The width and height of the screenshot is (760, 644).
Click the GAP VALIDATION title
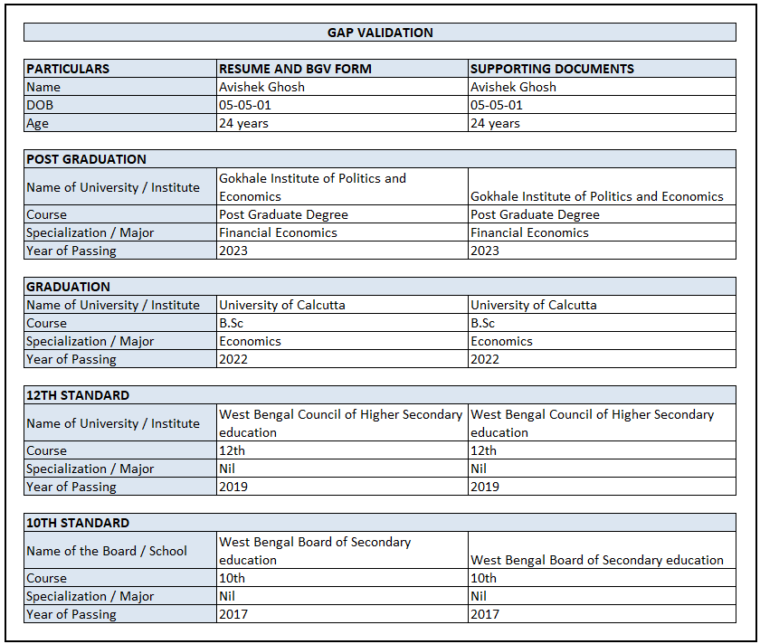pyautogui.click(x=380, y=33)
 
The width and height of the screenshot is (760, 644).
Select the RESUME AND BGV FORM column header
pyautogui.click(x=295, y=69)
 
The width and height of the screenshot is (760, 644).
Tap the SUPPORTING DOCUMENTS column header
pyautogui.click(x=552, y=69)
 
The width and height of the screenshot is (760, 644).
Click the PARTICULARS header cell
pyautogui.click(x=68, y=69)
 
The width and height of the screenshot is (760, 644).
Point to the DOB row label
pyautogui.click(x=41, y=105)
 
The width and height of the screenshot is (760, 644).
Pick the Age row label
pyautogui.click(x=37, y=123)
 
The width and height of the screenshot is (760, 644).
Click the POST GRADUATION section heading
pyautogui.click(x=86, y=159)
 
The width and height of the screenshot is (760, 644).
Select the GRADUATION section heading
pyautogui.click(x=68, y=287)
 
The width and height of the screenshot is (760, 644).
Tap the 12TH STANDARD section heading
pyautogui.click(x=78, y=395)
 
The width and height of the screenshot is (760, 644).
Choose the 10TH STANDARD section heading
pyautogui.click(x=78, y=523)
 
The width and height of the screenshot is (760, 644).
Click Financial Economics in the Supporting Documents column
pyautogui.click(x=529, y=232)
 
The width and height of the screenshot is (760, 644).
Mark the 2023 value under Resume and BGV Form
pyautogui.click(x=233, y=251)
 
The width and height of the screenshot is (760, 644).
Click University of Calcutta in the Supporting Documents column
pyautogui.click(x=534, y=305)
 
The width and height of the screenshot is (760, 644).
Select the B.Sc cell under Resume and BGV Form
pyautogui.click(x=232, y=323)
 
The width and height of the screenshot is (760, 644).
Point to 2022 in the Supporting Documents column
pyautogui.click(x=485, y=359)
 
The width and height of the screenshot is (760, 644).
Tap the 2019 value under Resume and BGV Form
pyautogui.click(x=233, y=487)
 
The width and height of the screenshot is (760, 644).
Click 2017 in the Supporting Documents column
pyautogui.click(x=485, y=614)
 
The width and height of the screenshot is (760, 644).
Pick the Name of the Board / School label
pyautogui.click(x=107, y=551)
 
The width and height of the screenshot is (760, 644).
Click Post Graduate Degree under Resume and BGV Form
pyautogui.click(x=283, y=214)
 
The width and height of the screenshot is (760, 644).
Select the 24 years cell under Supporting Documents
pyautogui.click(x=495, y=123)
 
